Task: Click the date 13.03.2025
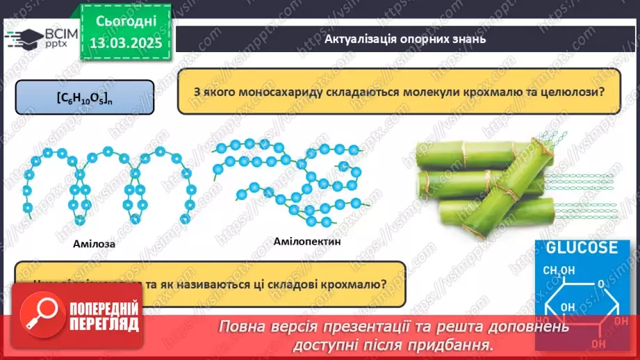coord(125,43)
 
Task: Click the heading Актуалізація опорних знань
coord(404,39)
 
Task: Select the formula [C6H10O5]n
coord(84,98)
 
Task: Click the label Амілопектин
coord(308,241)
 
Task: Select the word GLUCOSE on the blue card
coord(581,248)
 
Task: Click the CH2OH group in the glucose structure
coord(559,270)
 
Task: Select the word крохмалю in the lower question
coord(351,284)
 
